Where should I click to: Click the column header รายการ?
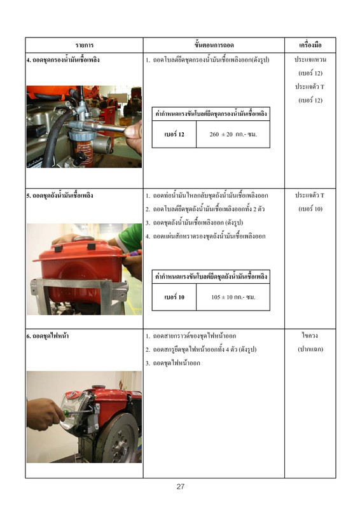tap(85, 45)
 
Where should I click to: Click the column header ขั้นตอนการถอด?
tap(214, 45)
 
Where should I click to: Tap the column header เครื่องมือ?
tap(310, 45)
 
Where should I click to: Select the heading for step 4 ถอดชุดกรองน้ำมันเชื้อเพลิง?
tap(63, 60)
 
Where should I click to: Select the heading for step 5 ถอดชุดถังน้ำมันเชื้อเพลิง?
tap(60, 195)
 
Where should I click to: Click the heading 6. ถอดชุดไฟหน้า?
tap(48, 336)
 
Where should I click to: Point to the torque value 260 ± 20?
tap(221, 134)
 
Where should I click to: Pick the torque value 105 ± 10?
tap(222, 297)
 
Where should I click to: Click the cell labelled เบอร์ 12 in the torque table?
tap(174, 134)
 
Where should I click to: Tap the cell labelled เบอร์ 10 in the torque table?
tap(174, 297)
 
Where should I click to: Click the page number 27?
tap(181, 486)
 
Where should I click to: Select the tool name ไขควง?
tap(310, 336)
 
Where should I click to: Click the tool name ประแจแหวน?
tap(310, 60)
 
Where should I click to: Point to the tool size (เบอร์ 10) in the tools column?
tap(310, 209)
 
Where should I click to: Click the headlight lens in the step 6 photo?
tap(72, 410)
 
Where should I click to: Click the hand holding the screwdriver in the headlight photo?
tap(43, 415)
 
